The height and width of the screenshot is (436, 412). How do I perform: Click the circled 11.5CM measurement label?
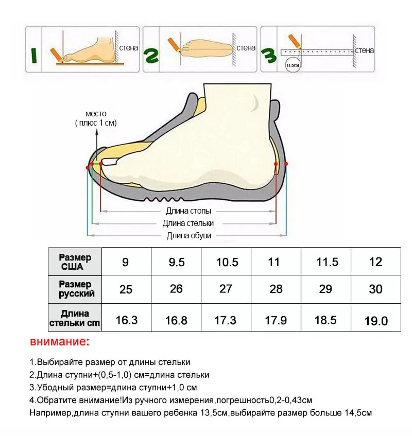(x=292, y=66)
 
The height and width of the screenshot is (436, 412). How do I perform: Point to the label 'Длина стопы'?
(x=188, y=211)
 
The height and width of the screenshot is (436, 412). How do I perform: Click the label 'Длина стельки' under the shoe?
(x=188, y=223)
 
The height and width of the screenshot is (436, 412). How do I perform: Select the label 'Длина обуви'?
(x=188, y=236)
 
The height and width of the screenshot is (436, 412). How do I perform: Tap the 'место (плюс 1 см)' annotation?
(x=96, y=118)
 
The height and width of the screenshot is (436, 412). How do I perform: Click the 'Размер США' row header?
(x=75, y=261)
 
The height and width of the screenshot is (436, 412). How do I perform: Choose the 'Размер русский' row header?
(x=75, y=289)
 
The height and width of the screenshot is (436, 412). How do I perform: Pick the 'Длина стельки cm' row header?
(x=75, y=318)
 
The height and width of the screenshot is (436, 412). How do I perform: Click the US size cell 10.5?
(x=227, y=262)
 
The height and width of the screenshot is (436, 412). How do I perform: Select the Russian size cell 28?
(x=276, y=289)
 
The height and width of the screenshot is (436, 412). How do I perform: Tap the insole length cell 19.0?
(x=376, y=321)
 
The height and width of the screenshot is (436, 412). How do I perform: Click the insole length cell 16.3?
(x=127, y=320)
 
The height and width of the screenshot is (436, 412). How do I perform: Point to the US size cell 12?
(x=376, y=262)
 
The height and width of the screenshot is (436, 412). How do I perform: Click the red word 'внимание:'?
(x=60, y=342)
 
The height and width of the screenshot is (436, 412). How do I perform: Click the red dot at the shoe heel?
(x=286, y=164)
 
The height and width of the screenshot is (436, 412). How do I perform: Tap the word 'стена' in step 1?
(x=129, y=48)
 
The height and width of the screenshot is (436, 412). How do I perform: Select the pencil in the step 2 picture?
(x=171, y=46)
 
